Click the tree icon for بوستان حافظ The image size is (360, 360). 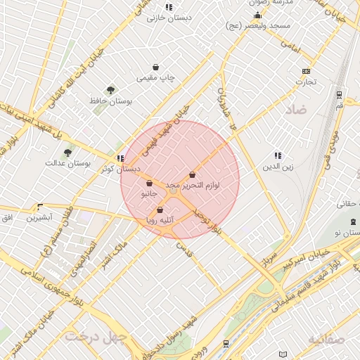click(110, 90)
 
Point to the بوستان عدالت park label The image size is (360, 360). click(68, 163)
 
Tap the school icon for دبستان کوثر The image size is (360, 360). click(121, 158)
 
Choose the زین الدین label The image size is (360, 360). click(277, 167)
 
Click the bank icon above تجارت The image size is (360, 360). click(306, 71)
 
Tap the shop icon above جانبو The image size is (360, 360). click(150, 184)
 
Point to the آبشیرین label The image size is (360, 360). click(39, 218)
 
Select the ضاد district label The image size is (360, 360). click(296, 110)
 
